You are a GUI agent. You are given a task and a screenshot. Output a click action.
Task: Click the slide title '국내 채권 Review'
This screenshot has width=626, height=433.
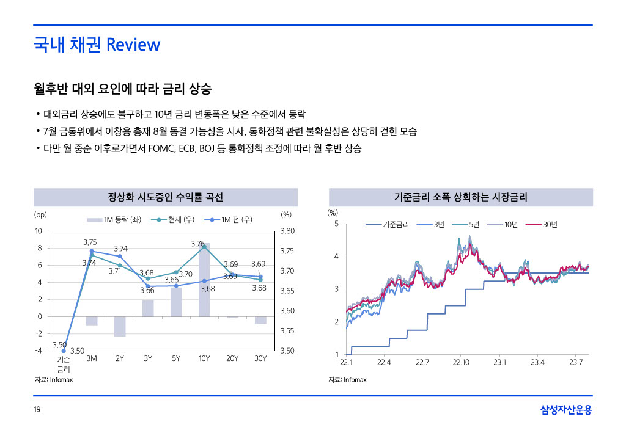(97, 45)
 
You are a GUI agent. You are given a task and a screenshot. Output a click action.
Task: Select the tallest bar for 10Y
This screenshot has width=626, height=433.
(204, 280)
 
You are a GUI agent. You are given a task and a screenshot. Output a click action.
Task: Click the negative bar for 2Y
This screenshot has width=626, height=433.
(120, 326)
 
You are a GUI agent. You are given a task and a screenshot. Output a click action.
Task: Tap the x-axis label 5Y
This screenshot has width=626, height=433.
(176, 358)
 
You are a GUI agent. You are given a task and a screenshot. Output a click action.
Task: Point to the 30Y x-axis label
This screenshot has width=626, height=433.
(260, 358)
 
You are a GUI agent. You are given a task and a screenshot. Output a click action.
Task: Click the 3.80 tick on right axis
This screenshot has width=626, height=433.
(287, 231)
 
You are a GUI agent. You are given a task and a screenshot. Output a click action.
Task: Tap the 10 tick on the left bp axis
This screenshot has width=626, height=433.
(38, 231)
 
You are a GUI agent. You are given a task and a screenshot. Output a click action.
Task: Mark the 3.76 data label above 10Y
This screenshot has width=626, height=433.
(197, 244)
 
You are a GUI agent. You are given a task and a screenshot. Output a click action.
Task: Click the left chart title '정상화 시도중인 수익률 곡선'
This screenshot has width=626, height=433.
(165, 197)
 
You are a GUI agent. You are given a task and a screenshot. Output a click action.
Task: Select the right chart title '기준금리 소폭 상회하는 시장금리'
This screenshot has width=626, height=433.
(461, 197)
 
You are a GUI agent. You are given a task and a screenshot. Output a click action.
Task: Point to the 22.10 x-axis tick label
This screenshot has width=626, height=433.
(461, 363)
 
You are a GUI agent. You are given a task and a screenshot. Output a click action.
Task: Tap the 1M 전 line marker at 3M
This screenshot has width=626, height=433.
(92, 251)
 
